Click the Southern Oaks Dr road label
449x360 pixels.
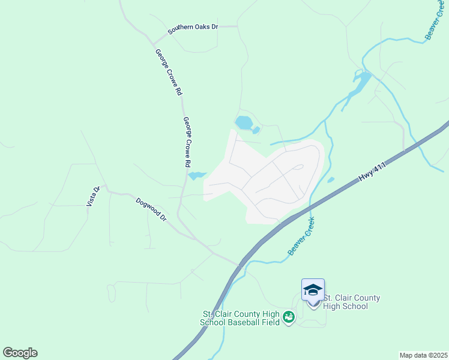pos(193,28)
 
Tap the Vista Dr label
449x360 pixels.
pos(92,196)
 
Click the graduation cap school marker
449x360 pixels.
pos(313,290)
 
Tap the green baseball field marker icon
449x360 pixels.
pos(289,316)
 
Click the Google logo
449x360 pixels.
pos(20,353)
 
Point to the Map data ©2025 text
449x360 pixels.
pos(424,355)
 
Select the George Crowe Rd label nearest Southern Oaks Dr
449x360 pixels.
pos(169,73)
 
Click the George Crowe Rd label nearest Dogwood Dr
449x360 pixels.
pos(187,142)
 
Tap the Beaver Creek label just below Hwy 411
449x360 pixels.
pos(302,236)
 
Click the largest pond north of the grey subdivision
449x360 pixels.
pos(244,123)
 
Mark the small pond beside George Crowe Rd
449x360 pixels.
pos(196,176)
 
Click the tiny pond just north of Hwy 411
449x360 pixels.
pos(330,179)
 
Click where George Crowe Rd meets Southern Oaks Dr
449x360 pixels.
pos(155,43)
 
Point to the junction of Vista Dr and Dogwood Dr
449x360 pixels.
pos(106,191)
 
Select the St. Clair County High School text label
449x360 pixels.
pos(352,302)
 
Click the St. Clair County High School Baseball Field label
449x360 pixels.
pos(240,319)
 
